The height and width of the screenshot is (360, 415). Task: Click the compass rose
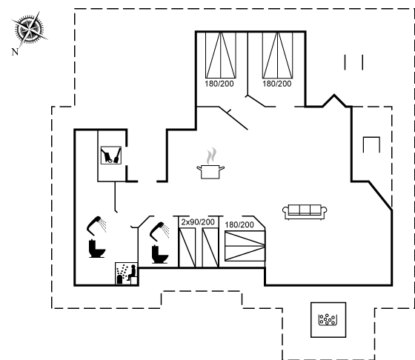29,29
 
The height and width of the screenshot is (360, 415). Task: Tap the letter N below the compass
15,52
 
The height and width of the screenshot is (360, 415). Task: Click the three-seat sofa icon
305,212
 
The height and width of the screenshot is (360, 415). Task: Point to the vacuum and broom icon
111,156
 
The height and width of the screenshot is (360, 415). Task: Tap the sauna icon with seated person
127,273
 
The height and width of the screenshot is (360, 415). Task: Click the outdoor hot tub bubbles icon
328,319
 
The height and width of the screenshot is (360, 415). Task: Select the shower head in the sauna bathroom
96,226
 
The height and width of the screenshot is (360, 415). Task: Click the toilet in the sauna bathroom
97,248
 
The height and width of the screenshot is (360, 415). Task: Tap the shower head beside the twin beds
159,231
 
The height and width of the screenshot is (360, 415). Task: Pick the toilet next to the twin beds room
160,254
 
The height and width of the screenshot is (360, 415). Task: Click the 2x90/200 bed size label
198,222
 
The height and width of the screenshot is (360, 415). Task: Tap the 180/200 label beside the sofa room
239,224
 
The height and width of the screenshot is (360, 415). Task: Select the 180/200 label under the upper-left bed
219,84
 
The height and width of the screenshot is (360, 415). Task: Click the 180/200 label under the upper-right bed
277,84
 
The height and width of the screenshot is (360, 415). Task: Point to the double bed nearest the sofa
245,246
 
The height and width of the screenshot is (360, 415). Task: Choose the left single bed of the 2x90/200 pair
187,248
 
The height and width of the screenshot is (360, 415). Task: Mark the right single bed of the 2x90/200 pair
210,248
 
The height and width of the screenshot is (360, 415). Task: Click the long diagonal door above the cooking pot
233,118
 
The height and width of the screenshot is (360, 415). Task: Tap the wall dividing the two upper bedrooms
248,64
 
